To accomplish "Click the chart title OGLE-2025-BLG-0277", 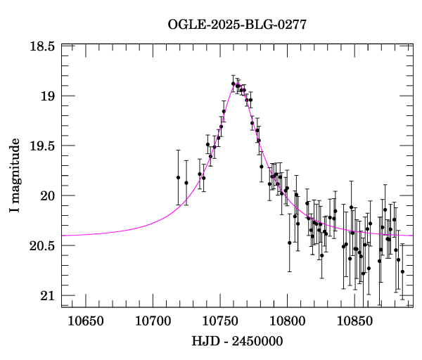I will tap(237, 25).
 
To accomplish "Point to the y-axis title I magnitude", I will tap(15, 176).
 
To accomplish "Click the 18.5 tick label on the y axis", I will tap(42, 46).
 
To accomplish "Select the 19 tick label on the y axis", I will tap(48, 96).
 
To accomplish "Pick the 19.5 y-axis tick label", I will tap(42, 146).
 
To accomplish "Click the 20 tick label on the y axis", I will tap(48, 196).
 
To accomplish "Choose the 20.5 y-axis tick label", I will tap(42, 246).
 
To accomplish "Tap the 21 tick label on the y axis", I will tap(48, 296).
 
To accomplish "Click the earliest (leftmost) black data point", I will tap(178, 177).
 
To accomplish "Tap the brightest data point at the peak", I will tap(233, 84).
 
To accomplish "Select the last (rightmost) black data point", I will tap(402, 271).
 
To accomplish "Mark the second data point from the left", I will tap(186, 183).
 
